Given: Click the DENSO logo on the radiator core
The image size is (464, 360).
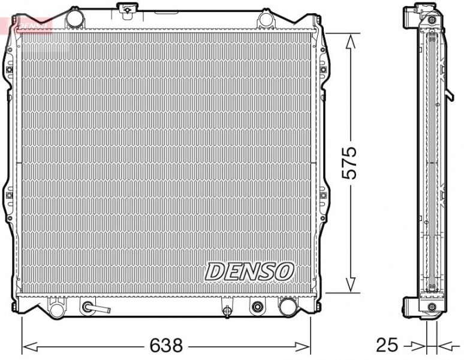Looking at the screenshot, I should (x=249, y=271).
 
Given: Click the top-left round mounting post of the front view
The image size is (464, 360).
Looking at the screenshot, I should (x=74, y=19).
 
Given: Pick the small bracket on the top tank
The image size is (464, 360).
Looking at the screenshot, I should (x=126, y=8).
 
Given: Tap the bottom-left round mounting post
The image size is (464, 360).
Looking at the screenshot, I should (x=56, y=309).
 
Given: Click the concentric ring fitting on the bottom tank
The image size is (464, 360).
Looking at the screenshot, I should (x=258, y=307).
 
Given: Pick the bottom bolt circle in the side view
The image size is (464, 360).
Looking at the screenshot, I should (x=432, y=307).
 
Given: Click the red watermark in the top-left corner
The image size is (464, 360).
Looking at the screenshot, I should (x=27, y=25).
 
